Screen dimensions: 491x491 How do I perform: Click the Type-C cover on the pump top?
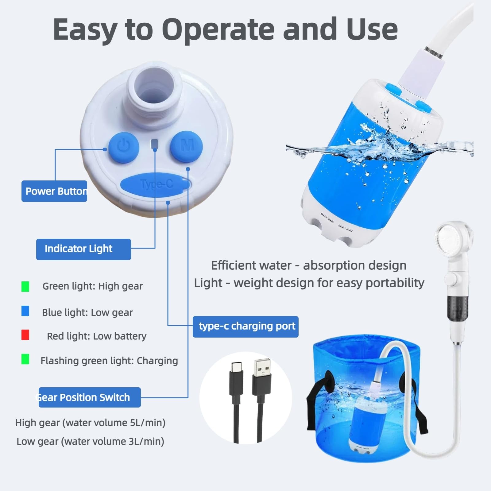pos(156,184)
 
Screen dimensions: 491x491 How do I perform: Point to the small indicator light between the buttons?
pos(155,143)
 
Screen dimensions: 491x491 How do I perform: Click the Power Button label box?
pos(54,191)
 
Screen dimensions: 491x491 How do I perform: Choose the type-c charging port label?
pos(245,327)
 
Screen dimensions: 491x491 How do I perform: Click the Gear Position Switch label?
pos(89,397)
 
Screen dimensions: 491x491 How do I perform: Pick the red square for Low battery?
pos(25,335)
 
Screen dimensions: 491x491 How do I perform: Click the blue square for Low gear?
pos(25,311)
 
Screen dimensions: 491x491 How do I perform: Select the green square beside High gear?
pos(25,287)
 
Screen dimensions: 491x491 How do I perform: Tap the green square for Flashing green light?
pos(25,359)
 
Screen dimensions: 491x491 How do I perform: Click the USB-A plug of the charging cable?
pos(262,377)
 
